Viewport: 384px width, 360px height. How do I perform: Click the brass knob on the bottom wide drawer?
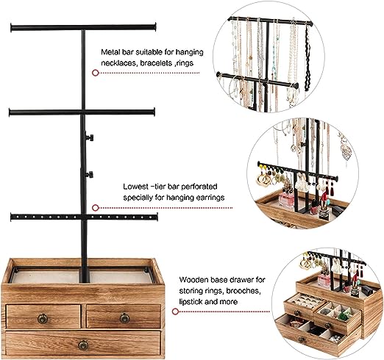(83, 345)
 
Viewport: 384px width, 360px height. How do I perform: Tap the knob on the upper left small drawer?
(43, 319)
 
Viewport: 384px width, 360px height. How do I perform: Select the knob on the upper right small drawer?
(124, 318)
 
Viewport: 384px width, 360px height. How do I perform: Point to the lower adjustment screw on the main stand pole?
(90, 175)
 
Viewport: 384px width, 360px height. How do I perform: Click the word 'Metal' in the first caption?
(110, 52)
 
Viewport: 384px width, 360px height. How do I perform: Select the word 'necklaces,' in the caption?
(119, 63)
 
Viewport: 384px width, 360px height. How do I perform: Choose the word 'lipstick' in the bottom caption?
(191, 302)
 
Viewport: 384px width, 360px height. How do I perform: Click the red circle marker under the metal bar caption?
(96, 73)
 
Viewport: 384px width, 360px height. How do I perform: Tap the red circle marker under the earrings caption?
(96, 208)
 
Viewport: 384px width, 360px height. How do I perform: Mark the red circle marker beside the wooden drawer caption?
(175, 312)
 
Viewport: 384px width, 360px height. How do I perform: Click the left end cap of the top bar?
(12, 28)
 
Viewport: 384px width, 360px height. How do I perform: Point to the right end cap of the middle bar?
(154, 112)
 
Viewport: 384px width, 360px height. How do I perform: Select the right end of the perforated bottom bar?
(156, 217)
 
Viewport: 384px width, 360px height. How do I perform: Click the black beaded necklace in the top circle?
(307, 58)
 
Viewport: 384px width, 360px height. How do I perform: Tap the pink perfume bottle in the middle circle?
(286, 200)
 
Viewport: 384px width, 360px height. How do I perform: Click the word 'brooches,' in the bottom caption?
(243, 291)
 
